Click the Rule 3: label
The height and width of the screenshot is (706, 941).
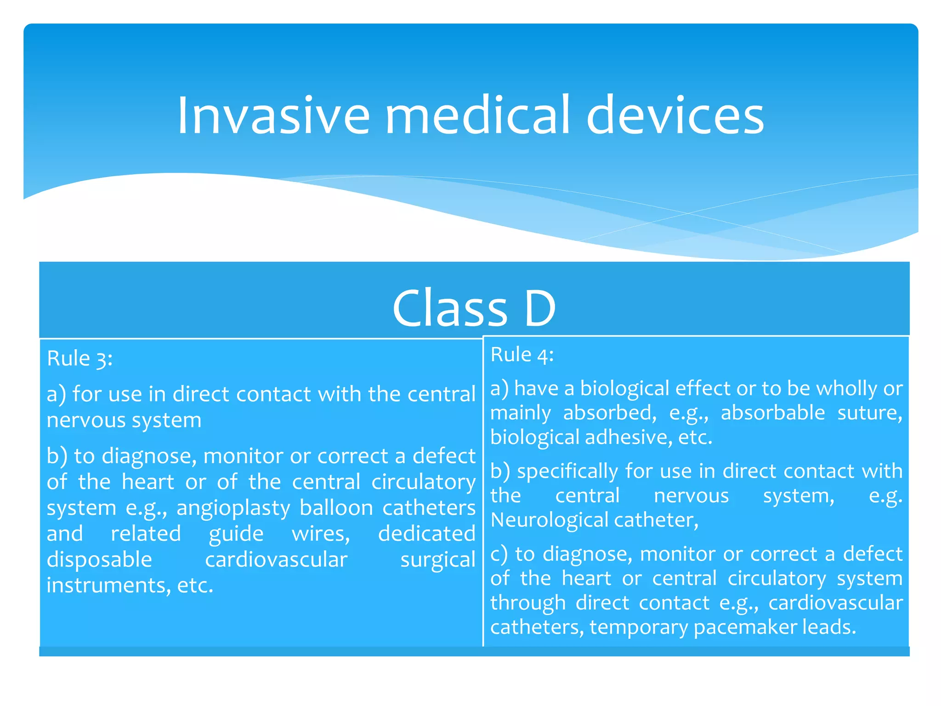click(x=79, y=359)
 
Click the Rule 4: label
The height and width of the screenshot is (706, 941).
click(x=522, y=355)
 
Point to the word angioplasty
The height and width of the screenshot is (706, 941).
click(x=233, y=508)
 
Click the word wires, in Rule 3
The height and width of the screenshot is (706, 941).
click(x=321, y=534)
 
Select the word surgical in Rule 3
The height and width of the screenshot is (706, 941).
click(x=437, y=560)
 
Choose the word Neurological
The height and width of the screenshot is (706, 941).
click(x=550, y=520)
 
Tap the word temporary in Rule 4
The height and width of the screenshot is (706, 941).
click(x=639, y=627)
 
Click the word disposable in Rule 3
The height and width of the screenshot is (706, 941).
click(x=99, y=560)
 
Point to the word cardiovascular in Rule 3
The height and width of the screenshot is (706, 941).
click(x=276, y=560)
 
